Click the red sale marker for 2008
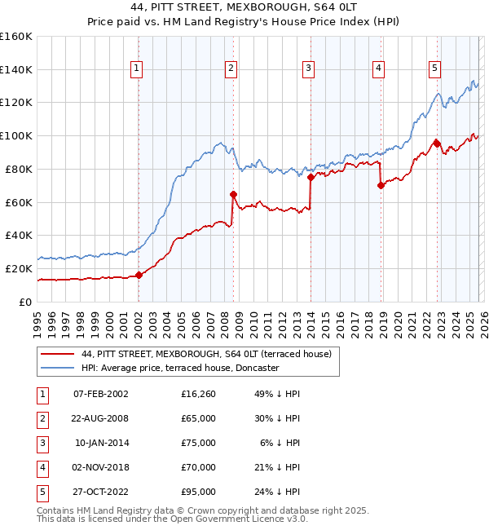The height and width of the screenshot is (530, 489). (233, 194)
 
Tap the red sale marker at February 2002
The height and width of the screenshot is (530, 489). (139, 275)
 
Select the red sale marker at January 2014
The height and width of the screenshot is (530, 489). (311, 177)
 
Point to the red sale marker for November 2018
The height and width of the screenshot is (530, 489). (381, 185)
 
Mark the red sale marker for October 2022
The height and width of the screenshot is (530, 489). (437, 144)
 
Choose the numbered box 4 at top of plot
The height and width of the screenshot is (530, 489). (379, 69)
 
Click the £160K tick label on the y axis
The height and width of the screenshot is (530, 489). (16, 37)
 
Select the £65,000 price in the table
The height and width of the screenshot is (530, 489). (199, 418)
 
